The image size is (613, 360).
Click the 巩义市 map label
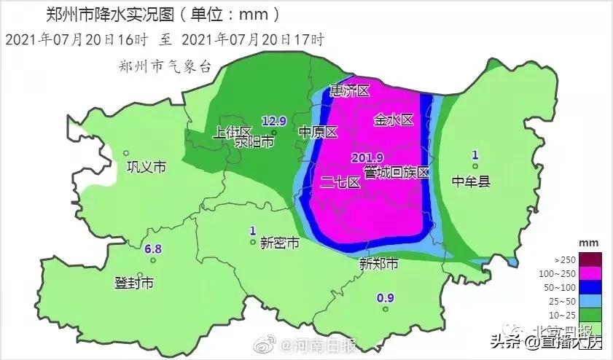coord(147,168)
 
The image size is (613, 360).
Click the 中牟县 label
coord(470,181)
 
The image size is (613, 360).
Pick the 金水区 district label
coord(394,120)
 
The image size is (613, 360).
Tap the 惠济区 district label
coord(351,91)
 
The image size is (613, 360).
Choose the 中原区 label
coord(319,133)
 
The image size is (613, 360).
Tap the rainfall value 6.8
coord(153,249)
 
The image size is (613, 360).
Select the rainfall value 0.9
coord(386,297)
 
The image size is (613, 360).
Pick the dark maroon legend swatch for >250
coord(581,259)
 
